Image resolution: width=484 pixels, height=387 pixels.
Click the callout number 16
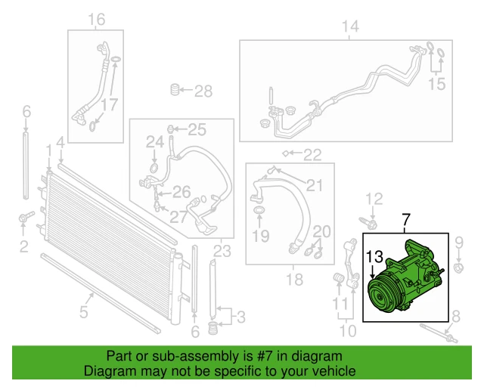click(96, 19)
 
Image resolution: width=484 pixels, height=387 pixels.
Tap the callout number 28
click(203, 91)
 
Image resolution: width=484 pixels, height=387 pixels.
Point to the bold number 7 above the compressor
click(405, 221)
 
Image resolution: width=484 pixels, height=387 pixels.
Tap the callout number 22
click(312, 155)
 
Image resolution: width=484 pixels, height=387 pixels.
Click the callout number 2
click(24, 246)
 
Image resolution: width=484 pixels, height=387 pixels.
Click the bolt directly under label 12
click(371, 222)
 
